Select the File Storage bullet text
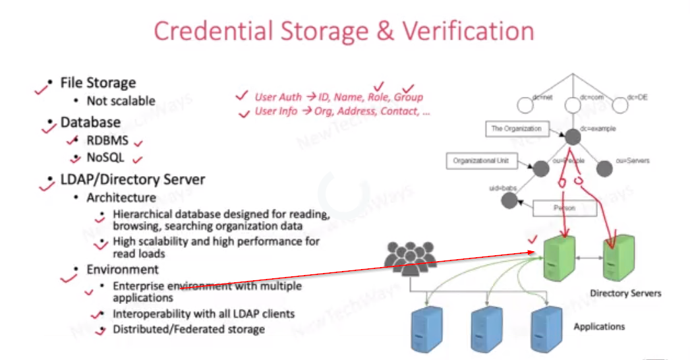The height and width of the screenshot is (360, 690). (98, 83)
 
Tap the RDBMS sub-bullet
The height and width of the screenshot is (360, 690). (107, 140)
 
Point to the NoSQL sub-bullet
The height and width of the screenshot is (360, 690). (105, 158)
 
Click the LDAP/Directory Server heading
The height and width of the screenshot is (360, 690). (132, 179)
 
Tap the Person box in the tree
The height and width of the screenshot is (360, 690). (563, 208)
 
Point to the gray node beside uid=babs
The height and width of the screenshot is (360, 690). (508, 200)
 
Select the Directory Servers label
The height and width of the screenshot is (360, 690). (625, 293)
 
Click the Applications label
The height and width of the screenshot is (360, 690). (599, 326)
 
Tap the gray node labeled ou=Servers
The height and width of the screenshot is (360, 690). (605, 169)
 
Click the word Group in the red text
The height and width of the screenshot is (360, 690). (409, 98)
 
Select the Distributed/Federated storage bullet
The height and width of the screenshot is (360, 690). (188, 328)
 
